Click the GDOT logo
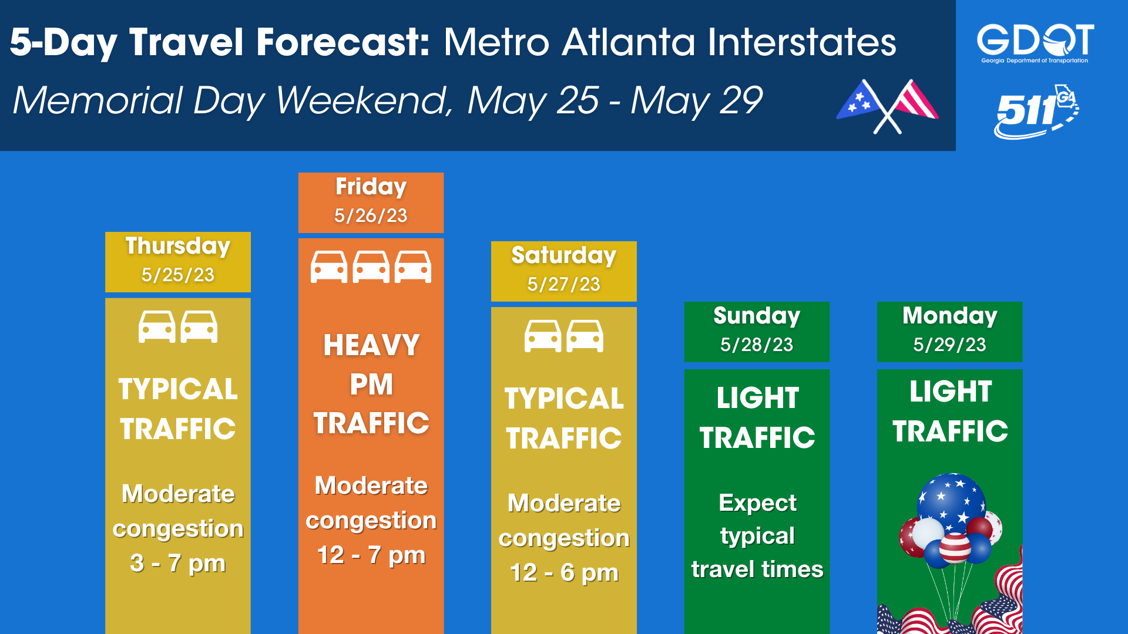pos(1035,43)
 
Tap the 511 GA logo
pos(1036,112)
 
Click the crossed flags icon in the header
pos(888,106)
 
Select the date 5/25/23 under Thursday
pos(178,275)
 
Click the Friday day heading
pos(371,187)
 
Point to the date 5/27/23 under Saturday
pos(563,284)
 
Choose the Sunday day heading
pos(757,316)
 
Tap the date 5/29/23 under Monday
pos(949,345)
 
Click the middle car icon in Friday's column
pos(371,267)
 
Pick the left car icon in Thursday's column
pos(157,326)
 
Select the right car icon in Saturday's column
pos(585,336)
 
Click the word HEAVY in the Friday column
pos(371,345)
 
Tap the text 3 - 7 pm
pos(177,563)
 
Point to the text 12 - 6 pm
pos(564,572)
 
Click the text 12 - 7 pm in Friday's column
pos(371,555)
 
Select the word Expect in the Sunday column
pos(757,503)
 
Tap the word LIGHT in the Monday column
pos(951,392)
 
